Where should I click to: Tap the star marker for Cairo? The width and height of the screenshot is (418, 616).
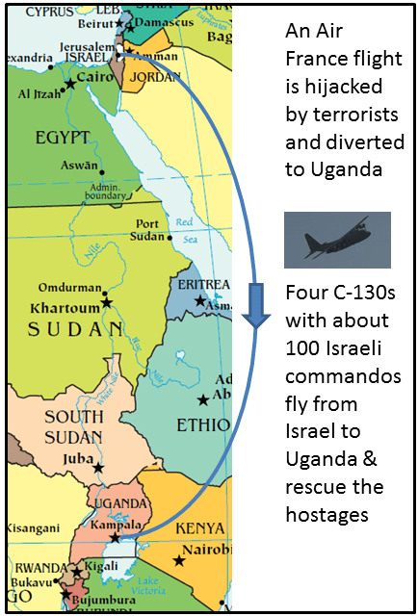69,86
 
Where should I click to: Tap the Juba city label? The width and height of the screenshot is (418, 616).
76,460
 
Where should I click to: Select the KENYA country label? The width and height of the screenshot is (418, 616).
198,527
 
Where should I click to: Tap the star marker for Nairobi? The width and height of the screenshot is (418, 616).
178,559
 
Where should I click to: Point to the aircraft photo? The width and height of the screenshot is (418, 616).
337,240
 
